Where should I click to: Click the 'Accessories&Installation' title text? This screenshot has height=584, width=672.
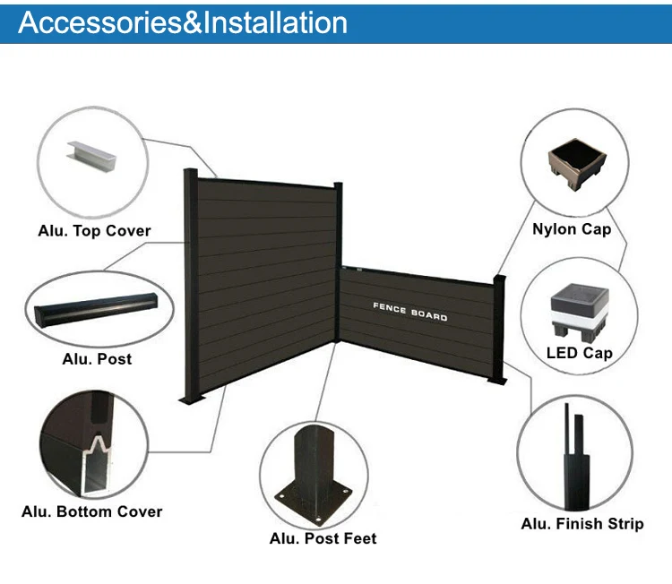(183, 21)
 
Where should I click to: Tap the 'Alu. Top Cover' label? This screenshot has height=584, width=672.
(94, 230)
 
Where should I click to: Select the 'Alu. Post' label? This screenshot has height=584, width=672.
(97, 359)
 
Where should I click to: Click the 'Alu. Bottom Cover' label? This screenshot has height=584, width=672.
(92, 511)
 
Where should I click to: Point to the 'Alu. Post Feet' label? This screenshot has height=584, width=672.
(323, 538)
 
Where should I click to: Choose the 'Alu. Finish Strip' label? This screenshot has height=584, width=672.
(582, 523)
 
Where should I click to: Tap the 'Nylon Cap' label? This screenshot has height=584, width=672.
(572, 229)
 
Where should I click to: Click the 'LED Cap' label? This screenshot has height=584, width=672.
(579, 353)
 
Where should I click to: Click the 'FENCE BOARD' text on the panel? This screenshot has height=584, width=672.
(410, 310)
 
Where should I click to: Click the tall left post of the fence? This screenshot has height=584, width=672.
(190, 287)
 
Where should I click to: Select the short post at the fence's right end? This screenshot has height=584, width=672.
(499, 331)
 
